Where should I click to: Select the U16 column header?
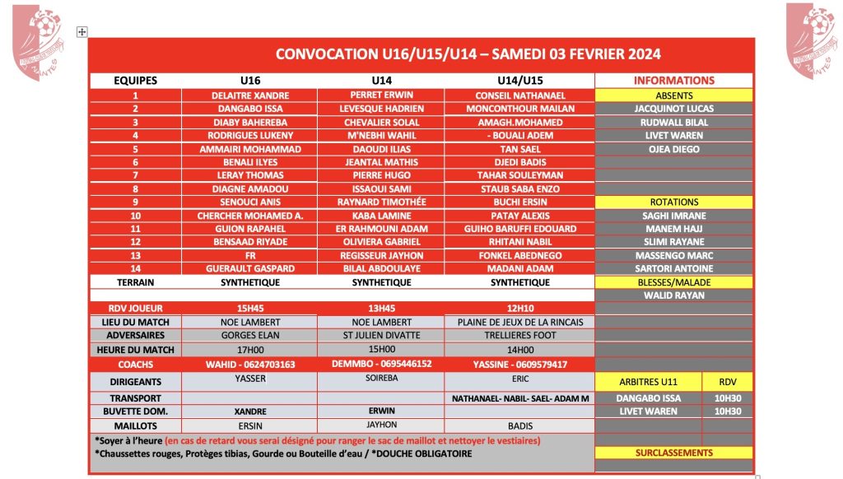coord(250,81)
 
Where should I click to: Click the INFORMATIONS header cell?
coord(673,81)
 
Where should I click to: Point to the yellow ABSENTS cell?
coord(673,95)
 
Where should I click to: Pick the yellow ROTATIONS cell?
coord(673,202)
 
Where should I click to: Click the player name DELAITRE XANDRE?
coord(250,95)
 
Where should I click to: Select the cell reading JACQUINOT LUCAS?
coord(673,109)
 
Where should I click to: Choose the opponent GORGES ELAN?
coord(250,335)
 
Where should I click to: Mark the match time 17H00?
coord(250,349)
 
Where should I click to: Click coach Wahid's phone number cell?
coord(250,364)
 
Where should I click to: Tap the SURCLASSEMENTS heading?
coord(673,453)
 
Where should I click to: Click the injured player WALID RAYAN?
coord(673,295)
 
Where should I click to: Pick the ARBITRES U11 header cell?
coord(646,382)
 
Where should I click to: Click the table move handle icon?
coord(82,31)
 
